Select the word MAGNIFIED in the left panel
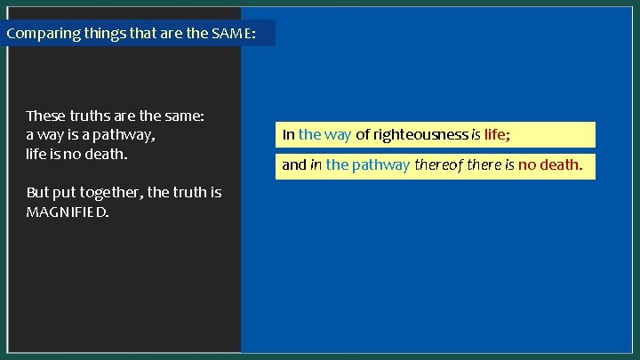click(68, 212)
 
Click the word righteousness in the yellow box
click(420, 135)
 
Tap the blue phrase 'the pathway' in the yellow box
click(368, 164)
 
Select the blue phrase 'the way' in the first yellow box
click(325, 135)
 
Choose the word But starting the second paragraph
click(38, 192)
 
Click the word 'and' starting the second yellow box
click(293, 164)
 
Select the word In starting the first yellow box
click(289, 135)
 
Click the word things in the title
click(100, 34)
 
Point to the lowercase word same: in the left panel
click(184, 116)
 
